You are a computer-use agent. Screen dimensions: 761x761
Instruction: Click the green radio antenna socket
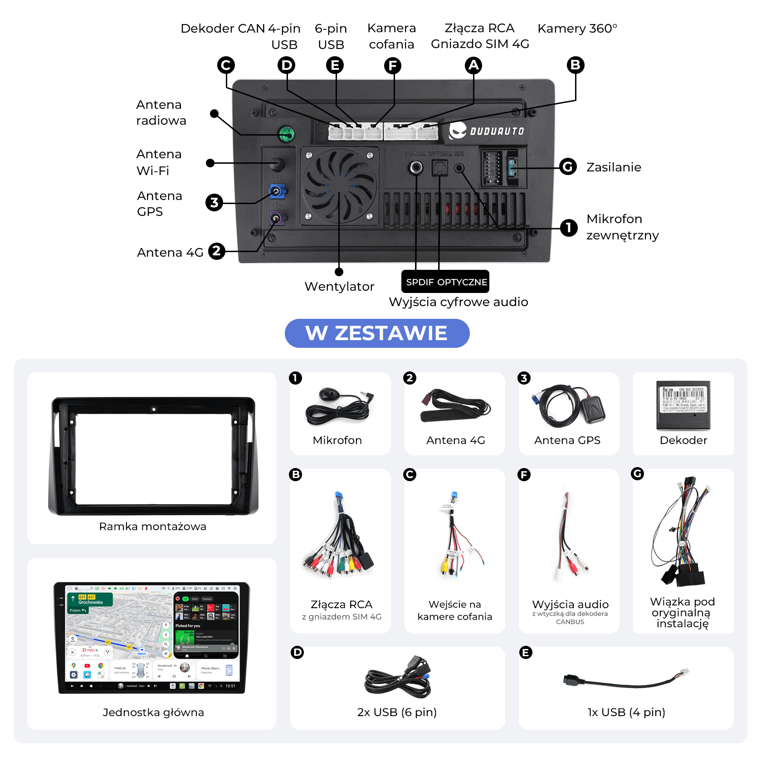coord(286,134)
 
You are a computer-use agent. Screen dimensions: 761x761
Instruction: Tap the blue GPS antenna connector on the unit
coord(276,191)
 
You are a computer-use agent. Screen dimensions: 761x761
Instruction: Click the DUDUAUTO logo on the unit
coord(487,131)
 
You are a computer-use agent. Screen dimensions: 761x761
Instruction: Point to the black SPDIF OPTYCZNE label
coord(446,282)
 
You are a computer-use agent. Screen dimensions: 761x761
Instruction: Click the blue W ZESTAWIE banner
coord(377,333)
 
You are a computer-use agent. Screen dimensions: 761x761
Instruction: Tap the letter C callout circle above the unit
coord(226,65)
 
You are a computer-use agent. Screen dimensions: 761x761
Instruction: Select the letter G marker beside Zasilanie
coord(568,167)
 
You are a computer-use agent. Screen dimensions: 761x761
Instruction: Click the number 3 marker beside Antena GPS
coord(214,202)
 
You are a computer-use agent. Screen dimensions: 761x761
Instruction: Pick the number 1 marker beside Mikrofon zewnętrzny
coord(568,228)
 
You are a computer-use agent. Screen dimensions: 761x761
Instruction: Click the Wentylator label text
coord(339,287)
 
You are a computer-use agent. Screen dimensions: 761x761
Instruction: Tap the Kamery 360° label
coord(577,29)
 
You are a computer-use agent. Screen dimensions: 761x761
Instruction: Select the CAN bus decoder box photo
coord(683,405)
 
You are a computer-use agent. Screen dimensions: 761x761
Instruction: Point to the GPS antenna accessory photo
coord(568,406)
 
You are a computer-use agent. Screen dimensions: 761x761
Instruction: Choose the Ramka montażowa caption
coord(152,527)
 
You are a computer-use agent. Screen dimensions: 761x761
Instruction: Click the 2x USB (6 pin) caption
coord(397,712)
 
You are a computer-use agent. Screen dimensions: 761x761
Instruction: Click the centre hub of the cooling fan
coord(339,185)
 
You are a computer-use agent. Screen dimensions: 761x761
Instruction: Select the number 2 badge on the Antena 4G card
coord(410,378)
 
